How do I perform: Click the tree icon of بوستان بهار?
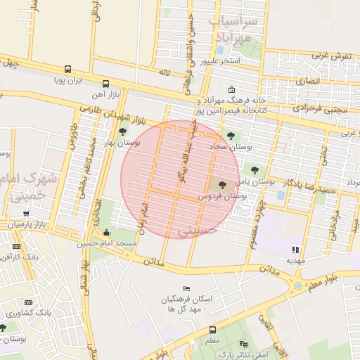124,131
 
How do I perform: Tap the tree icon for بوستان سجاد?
231,136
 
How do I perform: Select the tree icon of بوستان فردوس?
222,185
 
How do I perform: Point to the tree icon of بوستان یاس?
254,169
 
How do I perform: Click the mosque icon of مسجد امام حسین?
106,232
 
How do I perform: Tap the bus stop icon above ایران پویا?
67,69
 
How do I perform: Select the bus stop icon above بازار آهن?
105,82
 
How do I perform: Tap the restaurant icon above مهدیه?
295,249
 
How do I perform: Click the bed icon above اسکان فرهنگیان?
186,288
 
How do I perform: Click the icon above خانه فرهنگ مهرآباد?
233,89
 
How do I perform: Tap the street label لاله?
165,72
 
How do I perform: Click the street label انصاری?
307,81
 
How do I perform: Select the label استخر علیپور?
220,61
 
